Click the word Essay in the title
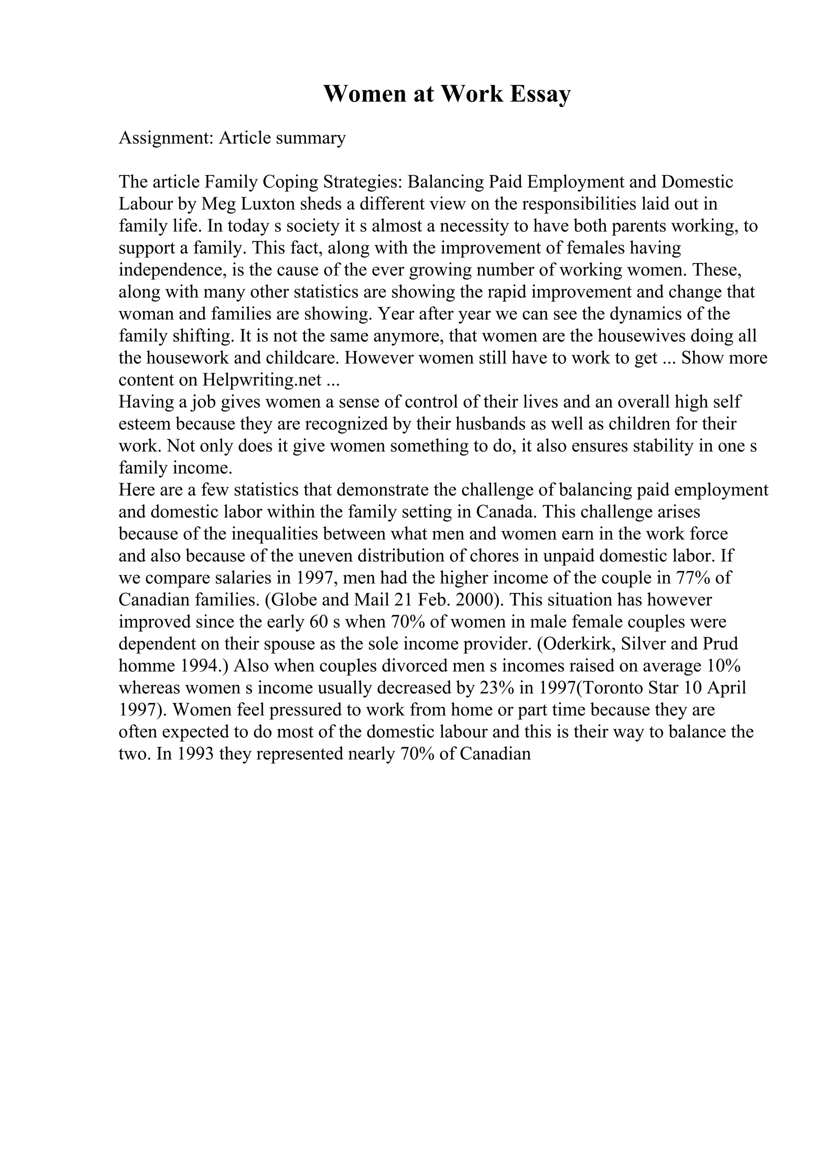[540, 94]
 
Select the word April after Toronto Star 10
[726, 688]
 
